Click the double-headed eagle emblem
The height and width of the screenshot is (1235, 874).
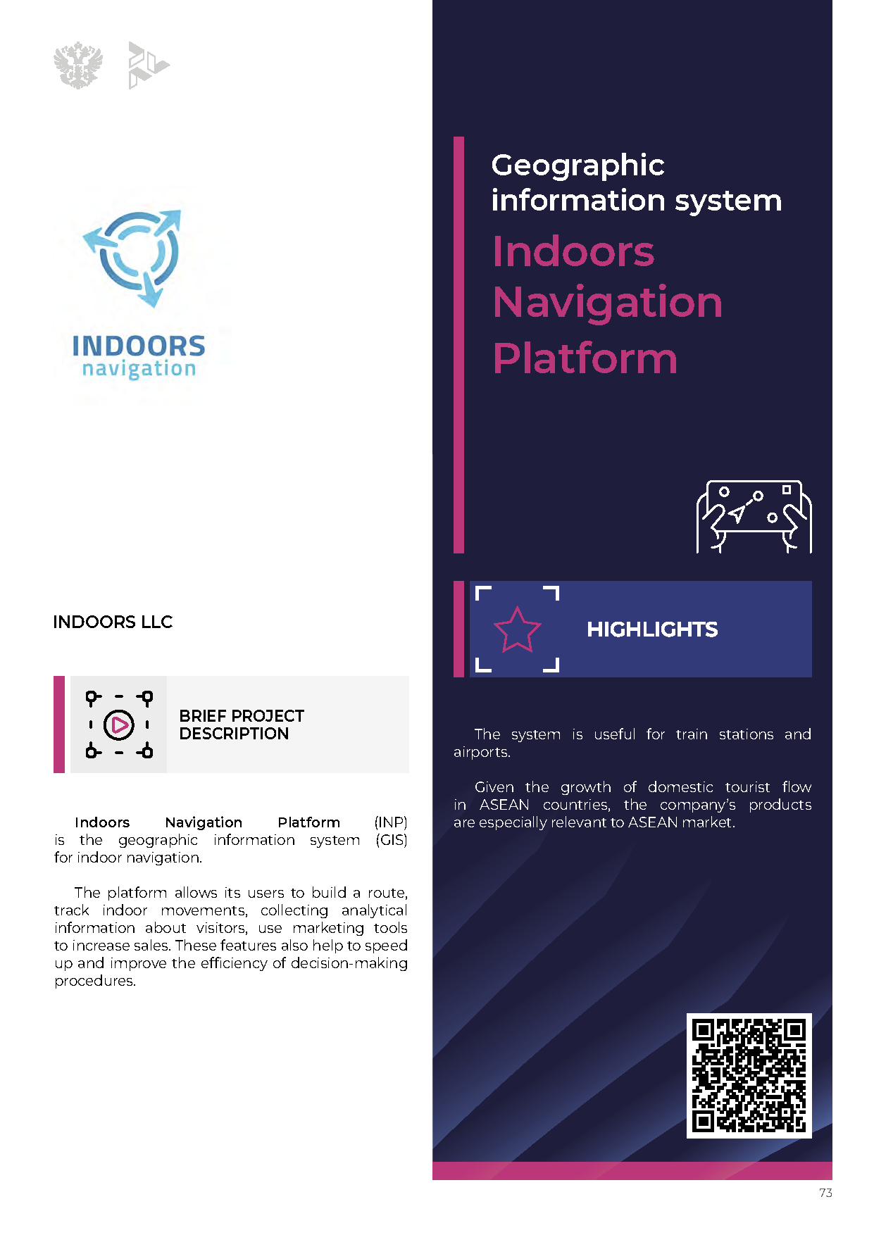(78, 65)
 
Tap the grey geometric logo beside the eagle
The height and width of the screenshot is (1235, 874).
(149, 65)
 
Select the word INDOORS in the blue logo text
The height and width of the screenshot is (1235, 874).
(139, 346)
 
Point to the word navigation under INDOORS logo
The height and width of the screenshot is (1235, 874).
(139, 368)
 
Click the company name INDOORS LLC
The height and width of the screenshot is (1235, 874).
(113, 622)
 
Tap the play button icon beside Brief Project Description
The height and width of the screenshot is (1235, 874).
(119, 725)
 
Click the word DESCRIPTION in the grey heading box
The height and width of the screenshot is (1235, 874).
(234, 734)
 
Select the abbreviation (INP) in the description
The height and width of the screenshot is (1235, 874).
(391, 822)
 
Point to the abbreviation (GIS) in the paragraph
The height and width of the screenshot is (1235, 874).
(392, 840)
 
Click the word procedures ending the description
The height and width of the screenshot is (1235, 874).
(95, 981)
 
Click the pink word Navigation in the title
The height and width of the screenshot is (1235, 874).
(608, 303)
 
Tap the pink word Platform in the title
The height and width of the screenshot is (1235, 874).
(585, 358)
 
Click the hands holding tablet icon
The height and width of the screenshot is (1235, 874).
(754, 517)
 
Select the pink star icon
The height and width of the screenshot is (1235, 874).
(517, 630)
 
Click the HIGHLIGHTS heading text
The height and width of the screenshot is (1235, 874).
(652, 629)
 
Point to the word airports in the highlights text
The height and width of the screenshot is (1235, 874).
(482, 752)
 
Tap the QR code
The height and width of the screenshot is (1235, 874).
(749, 1076)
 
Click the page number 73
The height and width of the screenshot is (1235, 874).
(825, 1193)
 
